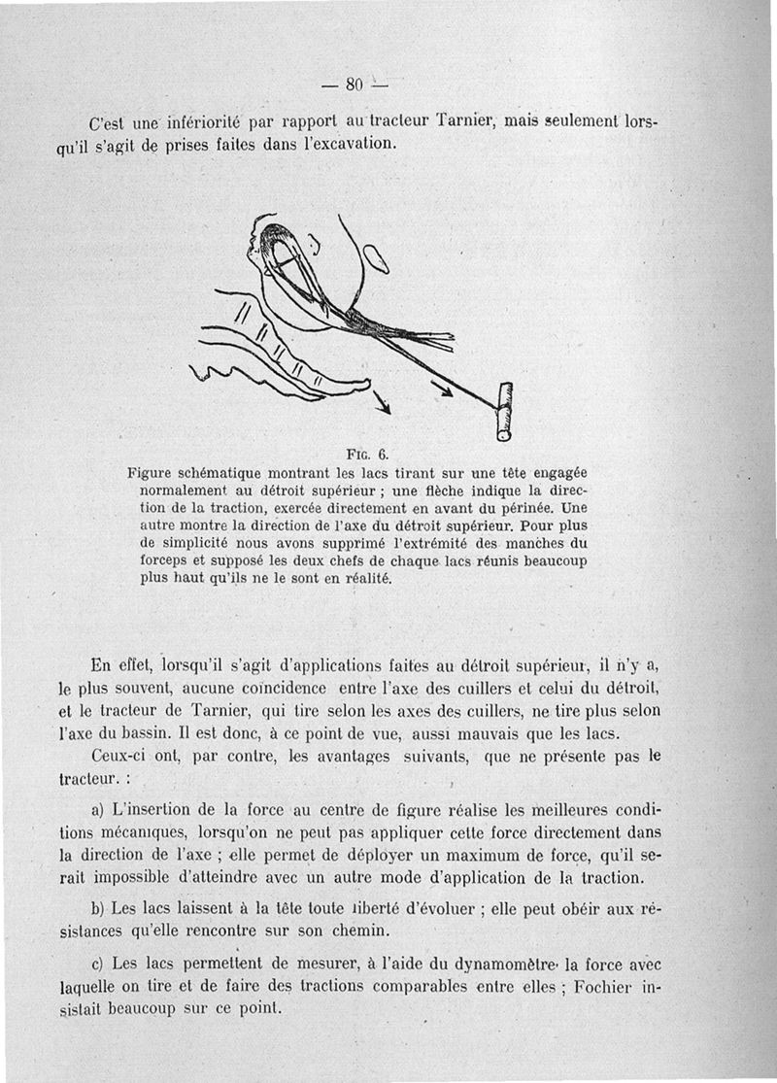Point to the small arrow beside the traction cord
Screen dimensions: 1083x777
coord(441,388)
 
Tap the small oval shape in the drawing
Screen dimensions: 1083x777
coord(375,258)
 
